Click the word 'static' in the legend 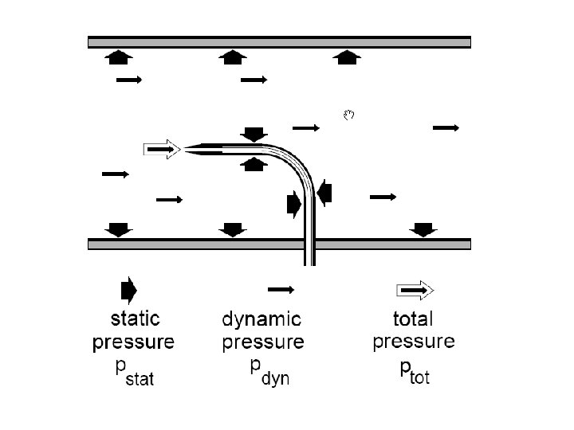pos(134,319)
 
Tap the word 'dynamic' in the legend pos(261,320)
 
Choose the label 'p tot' pos(411,372)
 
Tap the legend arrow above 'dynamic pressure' pos(281,288)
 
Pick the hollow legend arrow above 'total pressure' pos(415,288)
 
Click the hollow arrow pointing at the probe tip pos(163,149)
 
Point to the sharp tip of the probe pos(187,149)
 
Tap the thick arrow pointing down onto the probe pos(254,133)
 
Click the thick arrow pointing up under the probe pos(254,165)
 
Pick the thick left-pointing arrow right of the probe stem pos(324,193)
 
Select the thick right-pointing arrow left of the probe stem pos(294,205)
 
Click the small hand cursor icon pos(348,115)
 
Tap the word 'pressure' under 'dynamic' pos(262,343)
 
